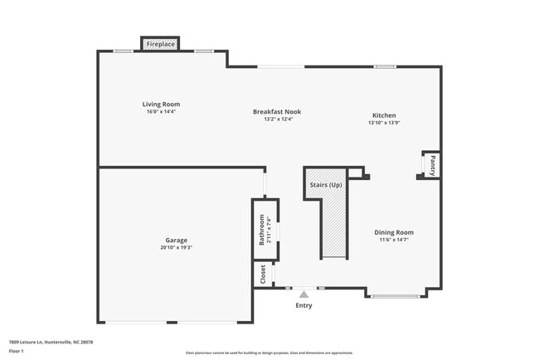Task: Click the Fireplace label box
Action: coord(161,43)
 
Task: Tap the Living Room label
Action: coord(162,104)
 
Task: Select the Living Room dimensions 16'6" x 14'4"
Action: coord(162,111)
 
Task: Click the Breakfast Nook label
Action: coord(277,111)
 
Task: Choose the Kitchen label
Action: coord(384,115)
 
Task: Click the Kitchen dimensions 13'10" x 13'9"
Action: coord(384,123)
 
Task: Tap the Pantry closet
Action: coord(431,164)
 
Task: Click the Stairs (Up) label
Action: coord(325,184)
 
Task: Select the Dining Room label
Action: coord(395,232)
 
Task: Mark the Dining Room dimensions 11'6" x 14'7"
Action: coord(395,240)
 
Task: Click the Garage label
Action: coord(175,240)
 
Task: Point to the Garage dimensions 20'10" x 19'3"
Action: coord(175,247)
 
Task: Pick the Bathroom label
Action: coord(262,229)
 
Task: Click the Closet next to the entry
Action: coord(262,273)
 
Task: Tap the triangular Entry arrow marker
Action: coord(304,294)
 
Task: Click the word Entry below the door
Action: coord(304,306)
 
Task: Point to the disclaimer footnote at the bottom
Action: coord(269,353)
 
